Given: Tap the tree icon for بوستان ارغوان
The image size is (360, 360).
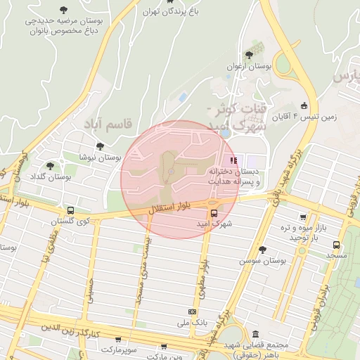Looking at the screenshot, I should (x=249, y=54).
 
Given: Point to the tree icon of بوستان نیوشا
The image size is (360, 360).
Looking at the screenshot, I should (x=100, y=146).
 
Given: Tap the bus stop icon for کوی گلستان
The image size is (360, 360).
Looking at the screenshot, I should (x=70, y=210).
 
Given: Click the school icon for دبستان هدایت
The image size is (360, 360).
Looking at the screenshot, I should (x=233, y=160).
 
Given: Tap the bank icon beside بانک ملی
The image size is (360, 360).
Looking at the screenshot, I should (x=192, y=311).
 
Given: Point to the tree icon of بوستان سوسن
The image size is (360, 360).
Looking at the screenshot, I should (x=262, y=250).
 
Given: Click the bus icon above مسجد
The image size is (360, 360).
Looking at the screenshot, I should (x=337, y=245).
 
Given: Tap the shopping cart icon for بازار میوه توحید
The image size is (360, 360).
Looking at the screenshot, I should (x=302, y=217).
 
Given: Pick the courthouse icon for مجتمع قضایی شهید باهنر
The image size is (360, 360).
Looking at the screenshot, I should (x=255, y=333).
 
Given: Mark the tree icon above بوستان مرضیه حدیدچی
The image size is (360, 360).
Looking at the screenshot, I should (x=63, y=10).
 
